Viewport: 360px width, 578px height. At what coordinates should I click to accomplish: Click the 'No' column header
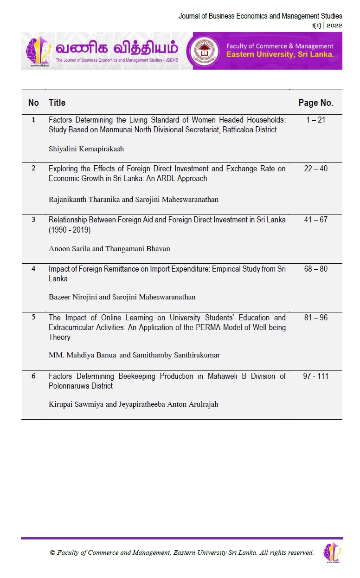tap(33, 103)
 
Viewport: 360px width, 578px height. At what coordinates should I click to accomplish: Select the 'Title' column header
tap(57, 103)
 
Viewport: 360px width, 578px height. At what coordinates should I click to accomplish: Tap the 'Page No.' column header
tap(315, 103)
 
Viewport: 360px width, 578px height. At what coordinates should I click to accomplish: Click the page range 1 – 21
tap(315, 120)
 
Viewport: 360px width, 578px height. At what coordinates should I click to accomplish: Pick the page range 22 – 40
tap(315, 169)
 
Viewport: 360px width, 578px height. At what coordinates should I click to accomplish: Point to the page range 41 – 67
tap(315, 220)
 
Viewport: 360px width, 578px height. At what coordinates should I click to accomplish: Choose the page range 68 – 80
tap(315, 269)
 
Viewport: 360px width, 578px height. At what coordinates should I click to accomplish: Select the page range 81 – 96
tap(315, 318)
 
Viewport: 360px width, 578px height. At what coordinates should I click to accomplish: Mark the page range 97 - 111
tap(315, 376)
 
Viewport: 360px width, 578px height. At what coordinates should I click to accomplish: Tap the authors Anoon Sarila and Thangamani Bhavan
tap(109, 248)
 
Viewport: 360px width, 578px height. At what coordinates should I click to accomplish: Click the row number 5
tap(33, 318)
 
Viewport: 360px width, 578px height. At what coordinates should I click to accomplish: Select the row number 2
tap(33, 169)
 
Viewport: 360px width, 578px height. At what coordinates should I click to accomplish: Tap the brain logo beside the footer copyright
tap(332, 552)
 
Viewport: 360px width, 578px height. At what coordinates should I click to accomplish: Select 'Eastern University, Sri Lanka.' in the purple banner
tap(280, 55)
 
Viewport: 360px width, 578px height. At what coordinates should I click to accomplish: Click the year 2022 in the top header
tap(334, 26)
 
